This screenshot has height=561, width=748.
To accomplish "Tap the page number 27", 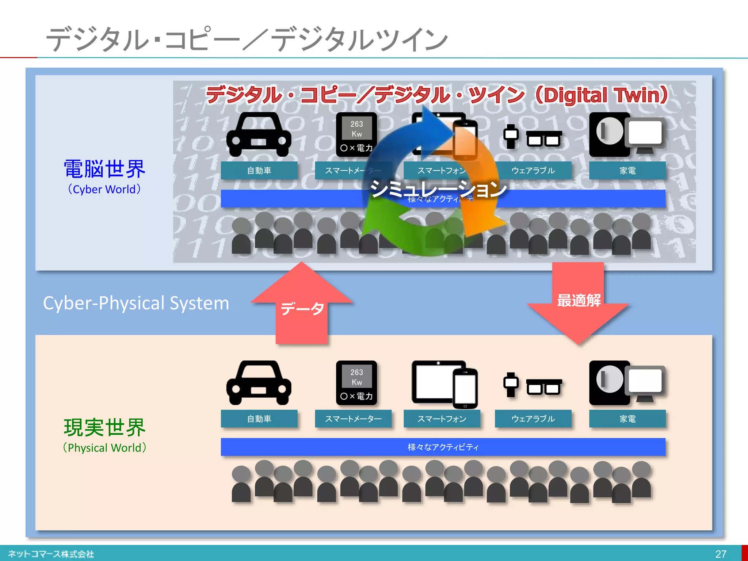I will pyautogui.click(x=721, y=554).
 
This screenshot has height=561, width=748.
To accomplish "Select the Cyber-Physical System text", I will pyautogui.click(x=136, y=303).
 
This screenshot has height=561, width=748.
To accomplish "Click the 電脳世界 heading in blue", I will pyautogui.click(x=104, y=169).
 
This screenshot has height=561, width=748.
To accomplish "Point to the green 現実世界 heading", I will pyautogui.click(x=104, y=427).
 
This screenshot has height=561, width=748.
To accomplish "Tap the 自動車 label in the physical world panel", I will pyautogui.click(x=259, y=419).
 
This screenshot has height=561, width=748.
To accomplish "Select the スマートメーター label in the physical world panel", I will pyautogui.click(x=353, y=419).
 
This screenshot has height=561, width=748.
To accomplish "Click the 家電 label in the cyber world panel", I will pyautogui.click(x=627, y=171).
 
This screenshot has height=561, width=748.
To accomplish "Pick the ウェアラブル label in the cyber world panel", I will pyautogui.click(x=533, y=171).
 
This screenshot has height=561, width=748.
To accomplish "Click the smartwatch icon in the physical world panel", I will pyautogui.click(x=511, y=384).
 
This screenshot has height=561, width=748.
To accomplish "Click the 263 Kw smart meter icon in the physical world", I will pyautogui.click(x=356, y=383).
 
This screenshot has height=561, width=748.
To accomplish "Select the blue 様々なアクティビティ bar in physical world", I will pyautogui.click(x=443, y=447).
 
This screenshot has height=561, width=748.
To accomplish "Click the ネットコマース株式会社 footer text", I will pyautogui.click(x=51, y=554).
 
